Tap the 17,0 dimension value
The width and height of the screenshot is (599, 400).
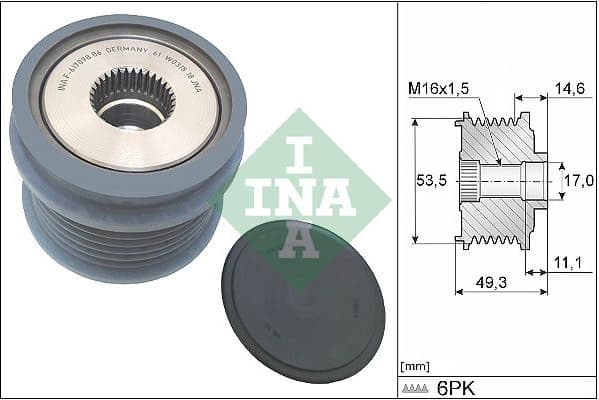pos(577,181)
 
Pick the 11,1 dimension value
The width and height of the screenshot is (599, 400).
pos(567,262)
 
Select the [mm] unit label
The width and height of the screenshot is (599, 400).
pos(413,366)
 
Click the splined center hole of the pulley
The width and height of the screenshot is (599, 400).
pos(132,97)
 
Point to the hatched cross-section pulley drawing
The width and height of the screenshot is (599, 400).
pos(500,182)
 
